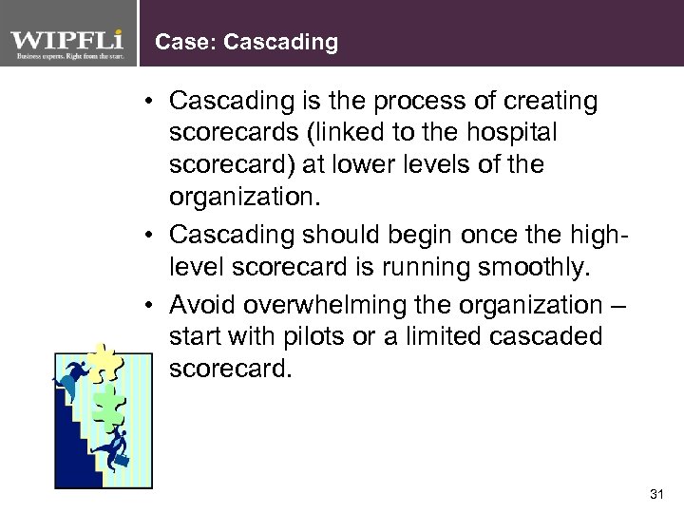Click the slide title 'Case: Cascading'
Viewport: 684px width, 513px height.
(x=246, y=42)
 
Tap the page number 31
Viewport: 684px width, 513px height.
(x=655, y=493)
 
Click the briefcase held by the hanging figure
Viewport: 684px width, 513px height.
(x=122, y=461)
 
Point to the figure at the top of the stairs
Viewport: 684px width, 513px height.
(x=69, y=377)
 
